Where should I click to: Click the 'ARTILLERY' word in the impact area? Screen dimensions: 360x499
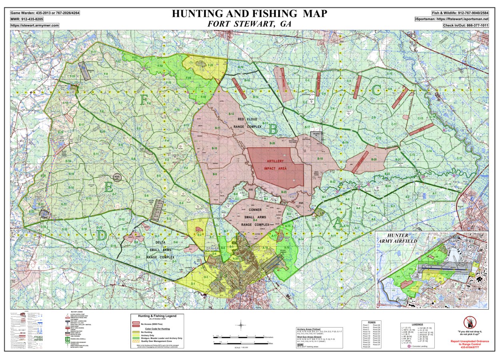click(x=275, y=161)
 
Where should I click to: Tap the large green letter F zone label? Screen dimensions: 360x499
click(x=143, y=100)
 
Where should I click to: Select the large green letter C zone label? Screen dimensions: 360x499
click(x=376, y=89)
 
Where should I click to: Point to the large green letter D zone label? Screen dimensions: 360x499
click(x=101, y=235)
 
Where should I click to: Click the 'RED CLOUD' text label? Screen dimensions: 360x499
click(x=247, y=119)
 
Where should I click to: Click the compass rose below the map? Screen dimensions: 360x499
click(x=241, y=325)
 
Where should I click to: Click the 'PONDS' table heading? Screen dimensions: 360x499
click(x=371, y=322)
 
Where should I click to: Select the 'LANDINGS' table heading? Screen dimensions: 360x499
click(x=417, y=324)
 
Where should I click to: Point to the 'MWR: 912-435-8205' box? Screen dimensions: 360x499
click(x=27, y=19)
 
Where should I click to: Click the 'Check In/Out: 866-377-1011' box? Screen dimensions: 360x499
click(x=465, y=25)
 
